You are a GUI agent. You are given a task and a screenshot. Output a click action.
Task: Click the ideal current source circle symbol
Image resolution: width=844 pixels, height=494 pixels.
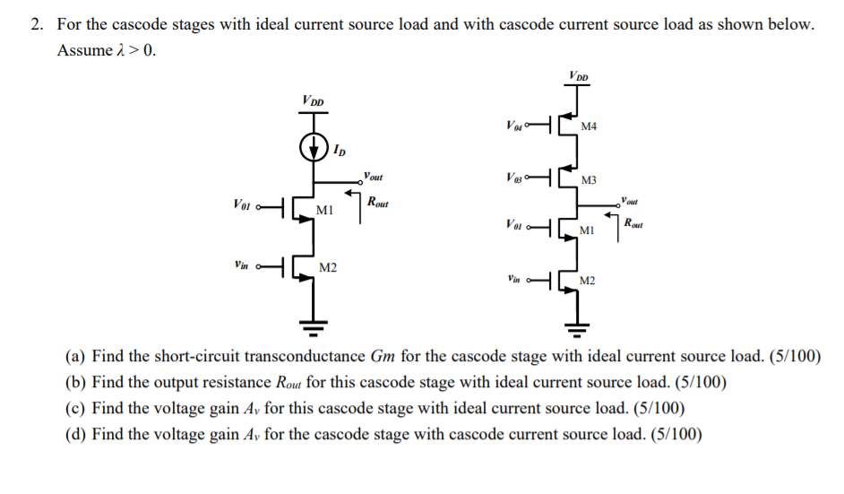(x=314, y=146)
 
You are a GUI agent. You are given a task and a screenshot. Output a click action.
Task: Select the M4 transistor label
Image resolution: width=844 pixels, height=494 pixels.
(x=589, y=126)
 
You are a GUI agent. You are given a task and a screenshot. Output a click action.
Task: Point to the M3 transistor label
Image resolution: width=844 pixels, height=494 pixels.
(x=589, y=181)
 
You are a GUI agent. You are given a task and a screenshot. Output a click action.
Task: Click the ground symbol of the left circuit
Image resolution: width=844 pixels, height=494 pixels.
(x=314, y=324)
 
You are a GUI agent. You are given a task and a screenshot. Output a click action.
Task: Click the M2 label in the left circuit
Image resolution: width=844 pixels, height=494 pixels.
(x=329, y=268)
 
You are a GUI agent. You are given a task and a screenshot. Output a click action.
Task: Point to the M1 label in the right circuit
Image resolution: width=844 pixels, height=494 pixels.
(x=588, y=231)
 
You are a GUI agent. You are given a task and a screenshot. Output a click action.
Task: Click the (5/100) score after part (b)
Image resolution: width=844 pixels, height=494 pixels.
(x=700, y=383)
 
